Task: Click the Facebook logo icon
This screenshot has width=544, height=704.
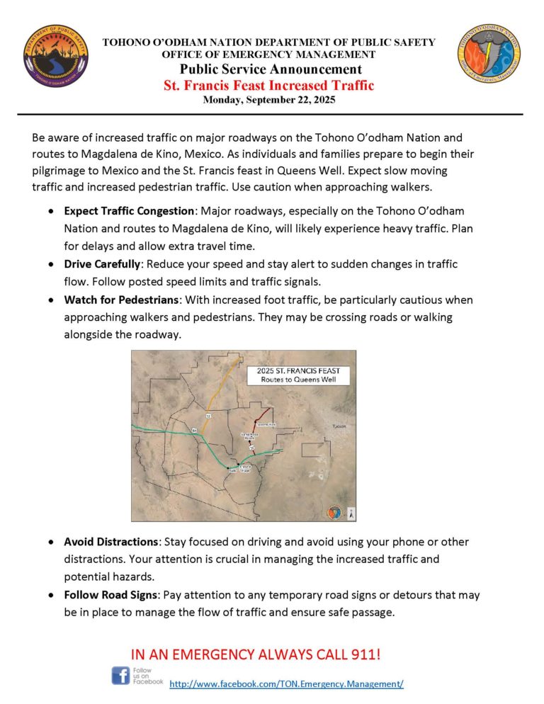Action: tap(120, 675)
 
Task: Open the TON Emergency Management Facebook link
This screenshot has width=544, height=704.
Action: tap(286, 684)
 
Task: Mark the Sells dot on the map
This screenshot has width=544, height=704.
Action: tap(228, 468)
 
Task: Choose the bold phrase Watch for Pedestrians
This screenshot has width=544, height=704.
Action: tap(122, 300)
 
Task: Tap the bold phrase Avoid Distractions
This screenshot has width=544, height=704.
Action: tap(112, 542)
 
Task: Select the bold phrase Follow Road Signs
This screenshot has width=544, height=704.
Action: tap(111, 596)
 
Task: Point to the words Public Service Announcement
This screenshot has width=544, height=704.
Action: tap(270, 69)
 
